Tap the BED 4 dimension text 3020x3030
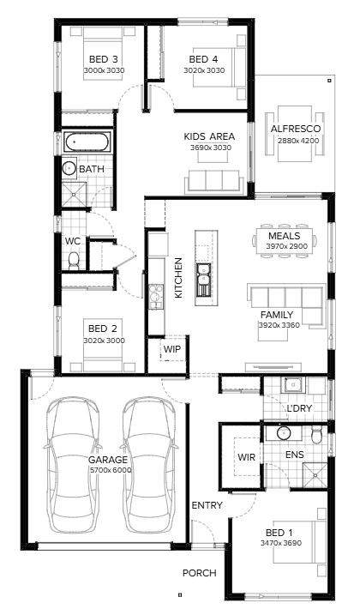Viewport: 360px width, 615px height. coord(204,70)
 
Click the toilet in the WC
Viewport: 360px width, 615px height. coord(74,259)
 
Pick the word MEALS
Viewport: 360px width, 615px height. coord(284,236)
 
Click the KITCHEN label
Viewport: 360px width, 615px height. coord(179,277)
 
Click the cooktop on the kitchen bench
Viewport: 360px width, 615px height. coord(157,296)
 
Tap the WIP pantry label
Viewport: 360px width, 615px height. coord(172,350)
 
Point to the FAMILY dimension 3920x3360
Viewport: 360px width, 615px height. coord(280,325)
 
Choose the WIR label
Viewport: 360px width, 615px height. coord(248,456)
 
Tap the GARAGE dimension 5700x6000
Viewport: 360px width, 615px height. coord(111,470)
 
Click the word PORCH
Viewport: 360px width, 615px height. coord(199,573)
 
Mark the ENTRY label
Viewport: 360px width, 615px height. coord(207,505)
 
